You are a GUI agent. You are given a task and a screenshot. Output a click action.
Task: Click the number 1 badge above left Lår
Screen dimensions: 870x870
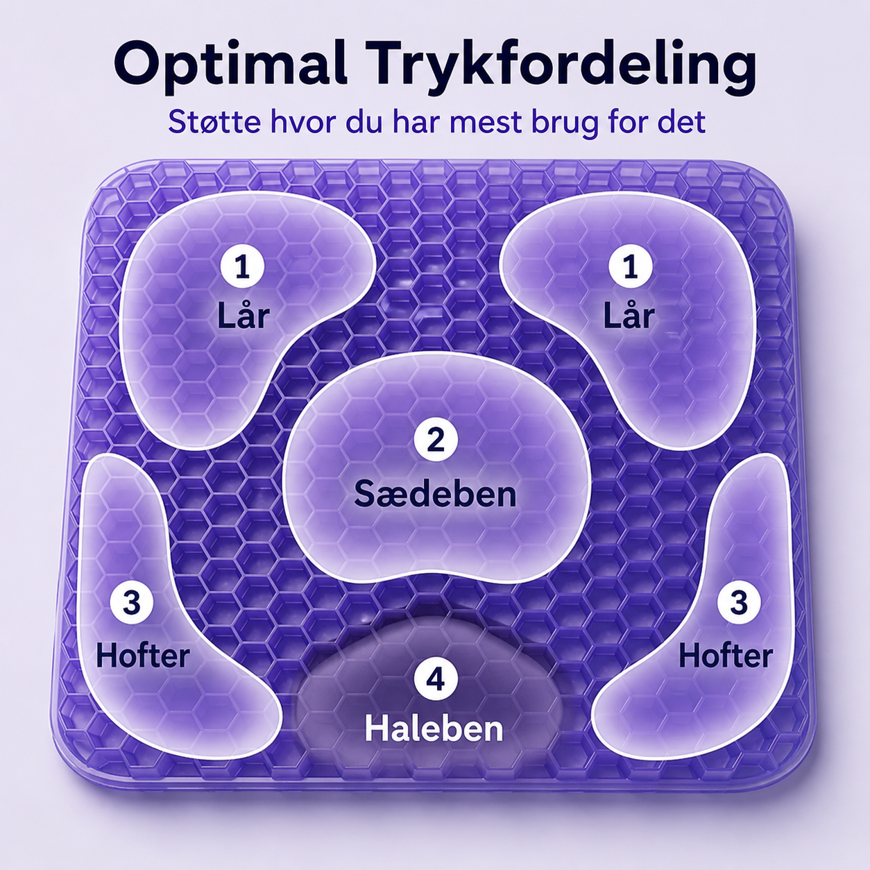(x=242, y=268)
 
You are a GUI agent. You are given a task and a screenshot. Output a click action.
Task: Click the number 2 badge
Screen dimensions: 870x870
(x=436, y=440)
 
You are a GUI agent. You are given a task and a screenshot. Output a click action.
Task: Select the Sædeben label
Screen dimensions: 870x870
(x=435, y=494)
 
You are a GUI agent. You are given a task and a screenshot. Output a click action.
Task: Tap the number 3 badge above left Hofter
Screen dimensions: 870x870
(x=132, y=603)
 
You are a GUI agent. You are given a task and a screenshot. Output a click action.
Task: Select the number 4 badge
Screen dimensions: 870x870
(x=436, y=681)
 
